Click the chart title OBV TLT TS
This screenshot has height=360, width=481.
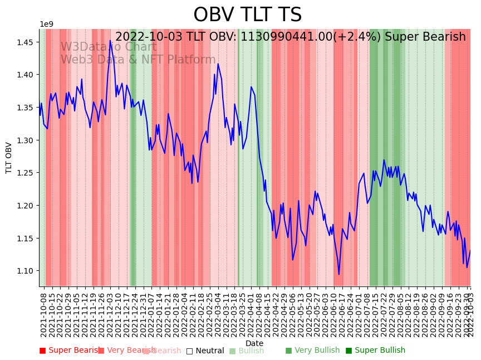pos(247,15)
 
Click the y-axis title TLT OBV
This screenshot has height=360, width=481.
pos(9,158)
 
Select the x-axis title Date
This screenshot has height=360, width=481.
pos(254,343)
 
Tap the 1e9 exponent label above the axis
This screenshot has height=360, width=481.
pos(47,24)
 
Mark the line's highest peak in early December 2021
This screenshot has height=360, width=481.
pos(110,40)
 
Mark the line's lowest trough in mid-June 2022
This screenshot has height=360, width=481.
pos(338,274)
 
